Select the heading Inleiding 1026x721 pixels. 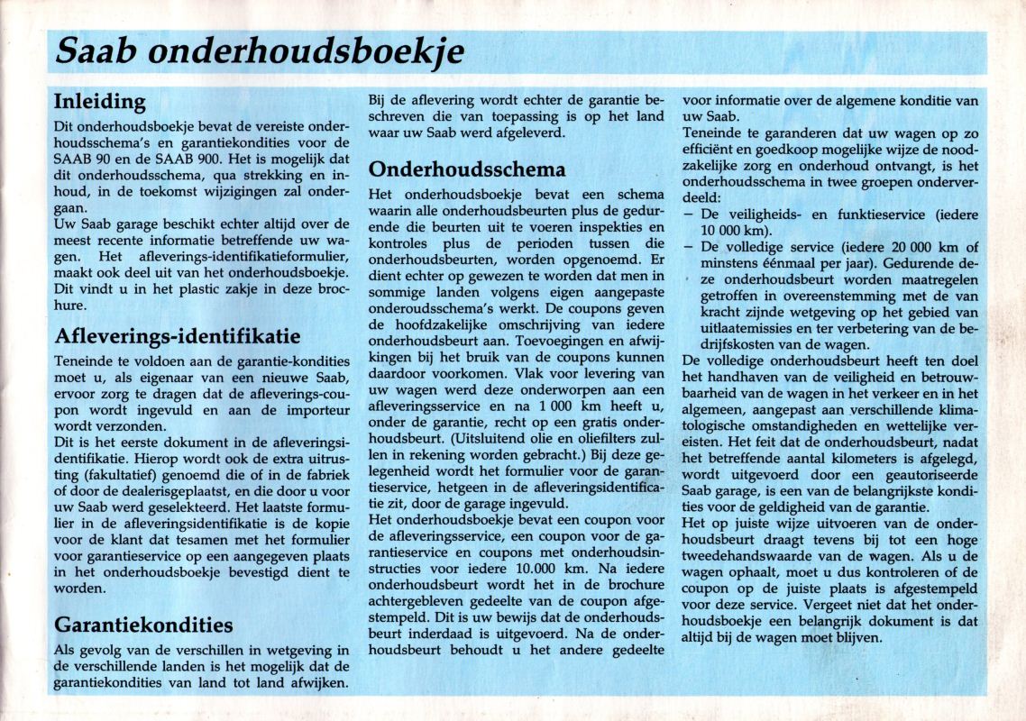pos(99,100)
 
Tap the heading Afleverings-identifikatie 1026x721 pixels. pos(178,336)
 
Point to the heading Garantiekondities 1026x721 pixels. pos(143,625)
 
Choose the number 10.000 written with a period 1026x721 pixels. pos(518,570)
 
